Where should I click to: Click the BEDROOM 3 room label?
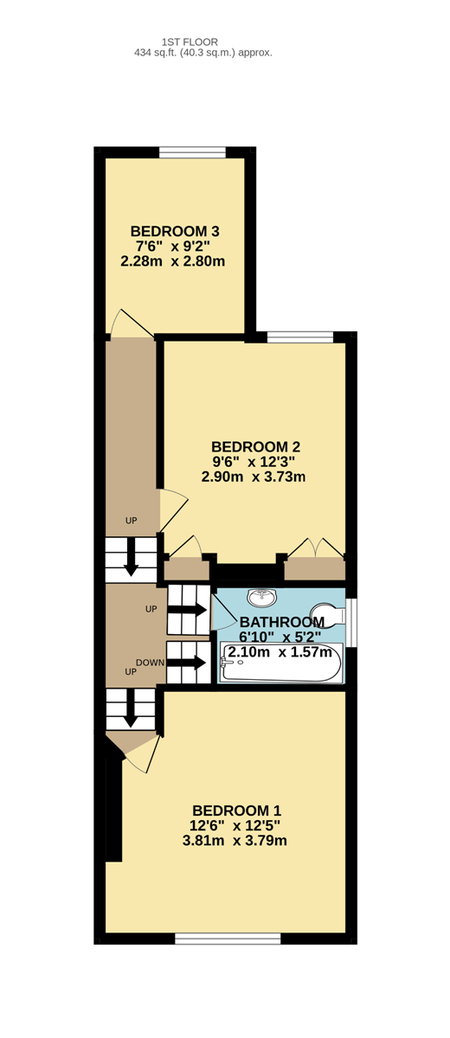coord(175,231)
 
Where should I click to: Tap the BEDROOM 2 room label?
coord(256,446)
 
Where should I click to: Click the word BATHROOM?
coord(282,622)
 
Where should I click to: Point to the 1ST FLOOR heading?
coord(190,42)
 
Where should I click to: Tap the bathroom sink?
coord(262,598)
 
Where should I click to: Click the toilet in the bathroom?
coord(328,613)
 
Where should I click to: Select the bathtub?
coord(281,663)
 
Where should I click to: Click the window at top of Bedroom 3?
coord(192,152)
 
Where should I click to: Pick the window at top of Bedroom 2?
coord(300,336)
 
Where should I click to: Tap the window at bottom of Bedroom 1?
coord(228,939)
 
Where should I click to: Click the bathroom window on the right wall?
coord(351,622)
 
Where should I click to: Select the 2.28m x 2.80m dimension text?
coord(173,261)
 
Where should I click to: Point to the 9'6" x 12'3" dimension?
coord(254,462)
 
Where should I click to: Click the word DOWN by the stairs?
coord(151,663)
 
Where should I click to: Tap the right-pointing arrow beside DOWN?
coord(186,663)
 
